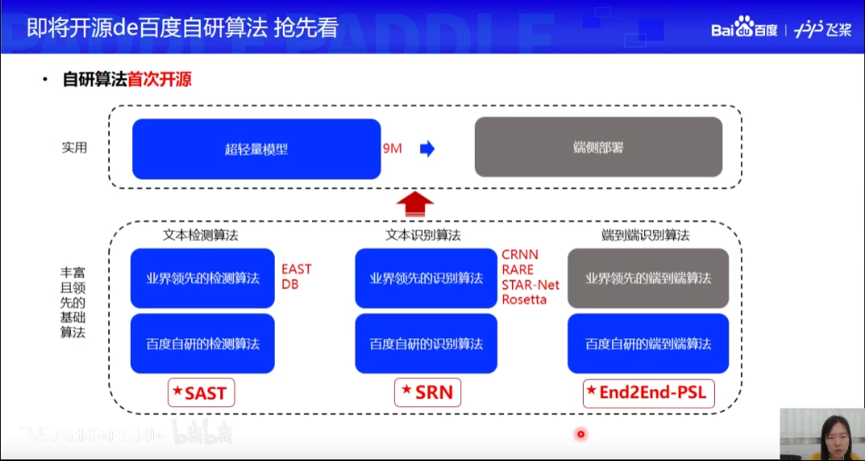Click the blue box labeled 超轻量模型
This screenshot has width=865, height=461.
coord(256,148)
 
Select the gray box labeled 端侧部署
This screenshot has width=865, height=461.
coord(597,147)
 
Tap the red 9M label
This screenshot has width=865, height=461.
coord(393,148)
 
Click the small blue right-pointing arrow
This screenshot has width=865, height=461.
coord(427,148)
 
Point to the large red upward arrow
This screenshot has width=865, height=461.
coord(416,203)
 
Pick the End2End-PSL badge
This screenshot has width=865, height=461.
coord(649,393)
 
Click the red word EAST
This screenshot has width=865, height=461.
coord(296,269)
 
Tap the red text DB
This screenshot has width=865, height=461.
coord(289,284)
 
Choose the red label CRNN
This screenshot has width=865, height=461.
coord(519,255)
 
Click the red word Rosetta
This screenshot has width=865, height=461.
coord(524,300)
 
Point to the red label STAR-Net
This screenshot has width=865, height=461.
coord(530,284)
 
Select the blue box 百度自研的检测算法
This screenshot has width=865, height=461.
coord(202,343)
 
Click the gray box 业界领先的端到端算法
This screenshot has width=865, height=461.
coord(648,278)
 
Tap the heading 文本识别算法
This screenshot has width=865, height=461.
coord(423,235)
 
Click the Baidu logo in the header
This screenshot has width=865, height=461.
coord(744,29)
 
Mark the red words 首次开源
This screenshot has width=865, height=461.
coord(160,80)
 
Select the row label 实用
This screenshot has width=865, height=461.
coord(74,147)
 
